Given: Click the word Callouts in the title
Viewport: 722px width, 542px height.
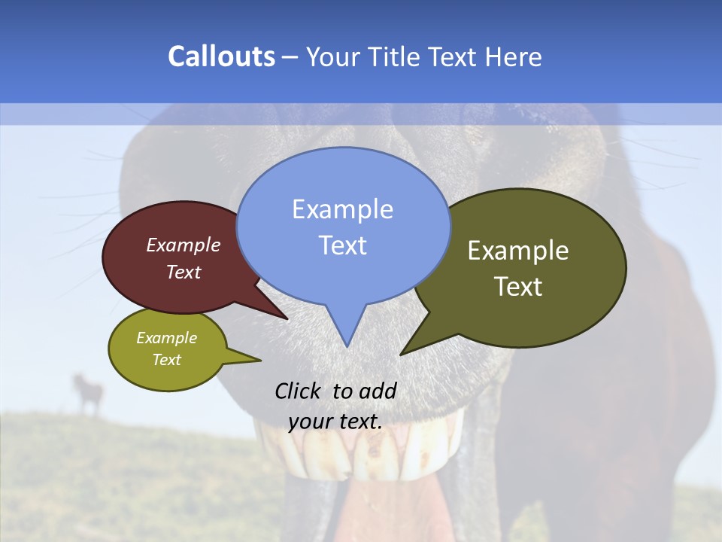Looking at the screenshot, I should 221,56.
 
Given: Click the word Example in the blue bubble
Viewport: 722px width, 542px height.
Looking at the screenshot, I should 342,209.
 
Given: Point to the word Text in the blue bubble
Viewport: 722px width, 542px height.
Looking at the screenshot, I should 342,245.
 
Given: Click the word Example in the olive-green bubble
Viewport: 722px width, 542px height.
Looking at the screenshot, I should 518,251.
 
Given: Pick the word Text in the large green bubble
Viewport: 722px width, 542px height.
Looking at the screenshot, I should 518,287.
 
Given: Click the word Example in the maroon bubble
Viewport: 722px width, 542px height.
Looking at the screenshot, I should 184,245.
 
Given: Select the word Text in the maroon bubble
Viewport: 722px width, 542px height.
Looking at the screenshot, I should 184,272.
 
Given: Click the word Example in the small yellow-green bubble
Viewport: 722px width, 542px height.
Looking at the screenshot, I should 166,338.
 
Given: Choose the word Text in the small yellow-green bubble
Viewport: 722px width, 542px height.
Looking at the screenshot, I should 166,360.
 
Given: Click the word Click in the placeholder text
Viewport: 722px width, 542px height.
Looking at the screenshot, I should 299,391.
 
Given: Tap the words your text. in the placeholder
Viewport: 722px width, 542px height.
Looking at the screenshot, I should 335,421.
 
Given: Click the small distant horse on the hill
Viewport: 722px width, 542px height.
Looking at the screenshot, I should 89,391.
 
